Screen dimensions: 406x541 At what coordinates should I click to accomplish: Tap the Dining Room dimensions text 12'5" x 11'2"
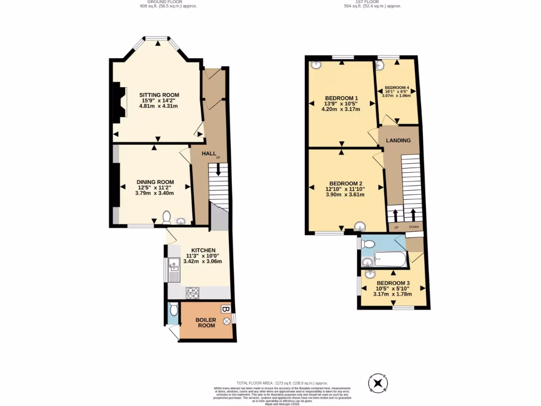click(155, 188)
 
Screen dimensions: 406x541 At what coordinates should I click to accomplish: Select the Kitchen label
click(203, 250)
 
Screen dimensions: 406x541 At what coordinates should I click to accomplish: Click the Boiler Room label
click(206, 322)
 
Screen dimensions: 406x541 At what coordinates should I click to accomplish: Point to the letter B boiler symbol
click(225, 309)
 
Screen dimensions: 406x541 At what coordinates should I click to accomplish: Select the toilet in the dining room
click(167, 217)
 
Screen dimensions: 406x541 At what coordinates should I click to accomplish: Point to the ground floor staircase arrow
click(218, 170)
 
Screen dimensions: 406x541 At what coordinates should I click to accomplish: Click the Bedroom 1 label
click(342, 98)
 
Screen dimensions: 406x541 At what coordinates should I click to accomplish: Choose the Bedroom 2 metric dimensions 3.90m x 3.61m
click(345, 195)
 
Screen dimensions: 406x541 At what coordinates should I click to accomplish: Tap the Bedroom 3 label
click(393, 283)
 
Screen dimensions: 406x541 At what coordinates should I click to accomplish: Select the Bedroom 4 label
click(397, 88)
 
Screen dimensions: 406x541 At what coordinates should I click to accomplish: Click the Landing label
click(399, 141)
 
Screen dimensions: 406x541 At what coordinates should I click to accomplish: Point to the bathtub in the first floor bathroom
click(390, 260)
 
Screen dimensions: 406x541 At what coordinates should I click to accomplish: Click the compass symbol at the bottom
click(378, 383)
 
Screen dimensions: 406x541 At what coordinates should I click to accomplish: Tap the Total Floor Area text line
click(282, 383)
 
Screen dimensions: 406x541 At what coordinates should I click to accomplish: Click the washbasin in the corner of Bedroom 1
click(316, 65)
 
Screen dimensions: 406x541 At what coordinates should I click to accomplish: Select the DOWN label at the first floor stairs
click(414, 227)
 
